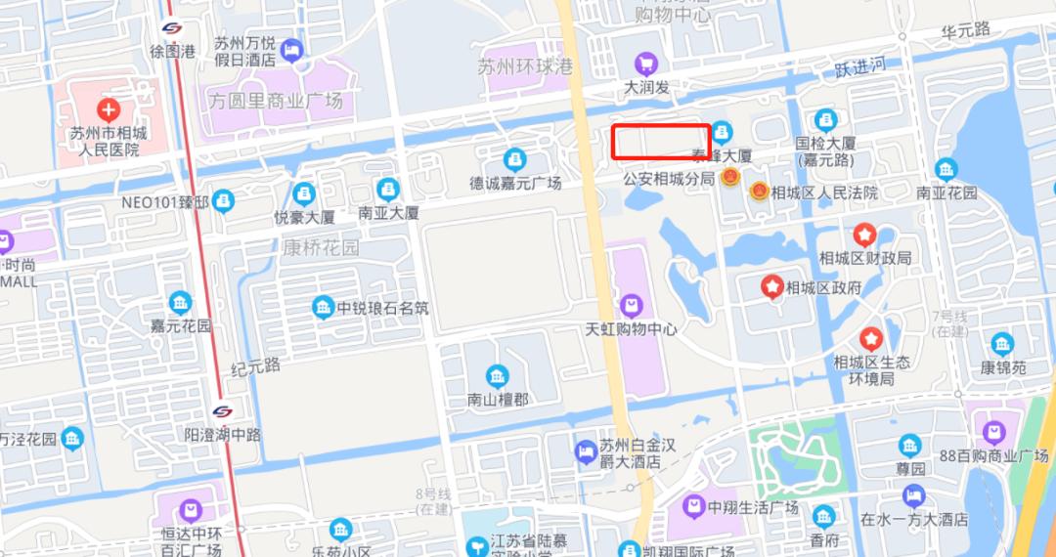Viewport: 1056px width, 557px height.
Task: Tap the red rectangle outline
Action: (x=661, y=142)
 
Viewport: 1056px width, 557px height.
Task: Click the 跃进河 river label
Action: (x=860, y=68)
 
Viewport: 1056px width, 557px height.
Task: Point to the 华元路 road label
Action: (x=966, y=31)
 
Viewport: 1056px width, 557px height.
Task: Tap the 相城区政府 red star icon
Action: (x=772, y=286)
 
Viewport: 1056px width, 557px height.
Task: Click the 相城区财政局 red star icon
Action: (x=864, y=235)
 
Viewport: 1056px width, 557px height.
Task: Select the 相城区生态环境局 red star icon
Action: (x=871, y=339)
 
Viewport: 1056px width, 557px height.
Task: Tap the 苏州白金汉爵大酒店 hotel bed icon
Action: (x=585, y=450)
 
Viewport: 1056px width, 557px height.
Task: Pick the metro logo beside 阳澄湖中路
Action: (x=223, y=411)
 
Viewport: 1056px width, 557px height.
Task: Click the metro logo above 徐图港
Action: (x=172, y=28)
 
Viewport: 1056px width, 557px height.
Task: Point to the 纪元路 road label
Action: (x=256, y=366)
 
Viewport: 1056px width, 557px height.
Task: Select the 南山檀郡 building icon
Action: (x=498, y=376)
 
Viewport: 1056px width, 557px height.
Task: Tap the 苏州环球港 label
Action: (x=525, y=67)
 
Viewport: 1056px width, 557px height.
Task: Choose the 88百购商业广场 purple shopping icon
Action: (x=994, y=431)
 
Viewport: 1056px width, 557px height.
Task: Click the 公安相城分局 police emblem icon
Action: (x=729, y=179)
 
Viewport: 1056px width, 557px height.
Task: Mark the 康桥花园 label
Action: (x=322, y=247)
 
